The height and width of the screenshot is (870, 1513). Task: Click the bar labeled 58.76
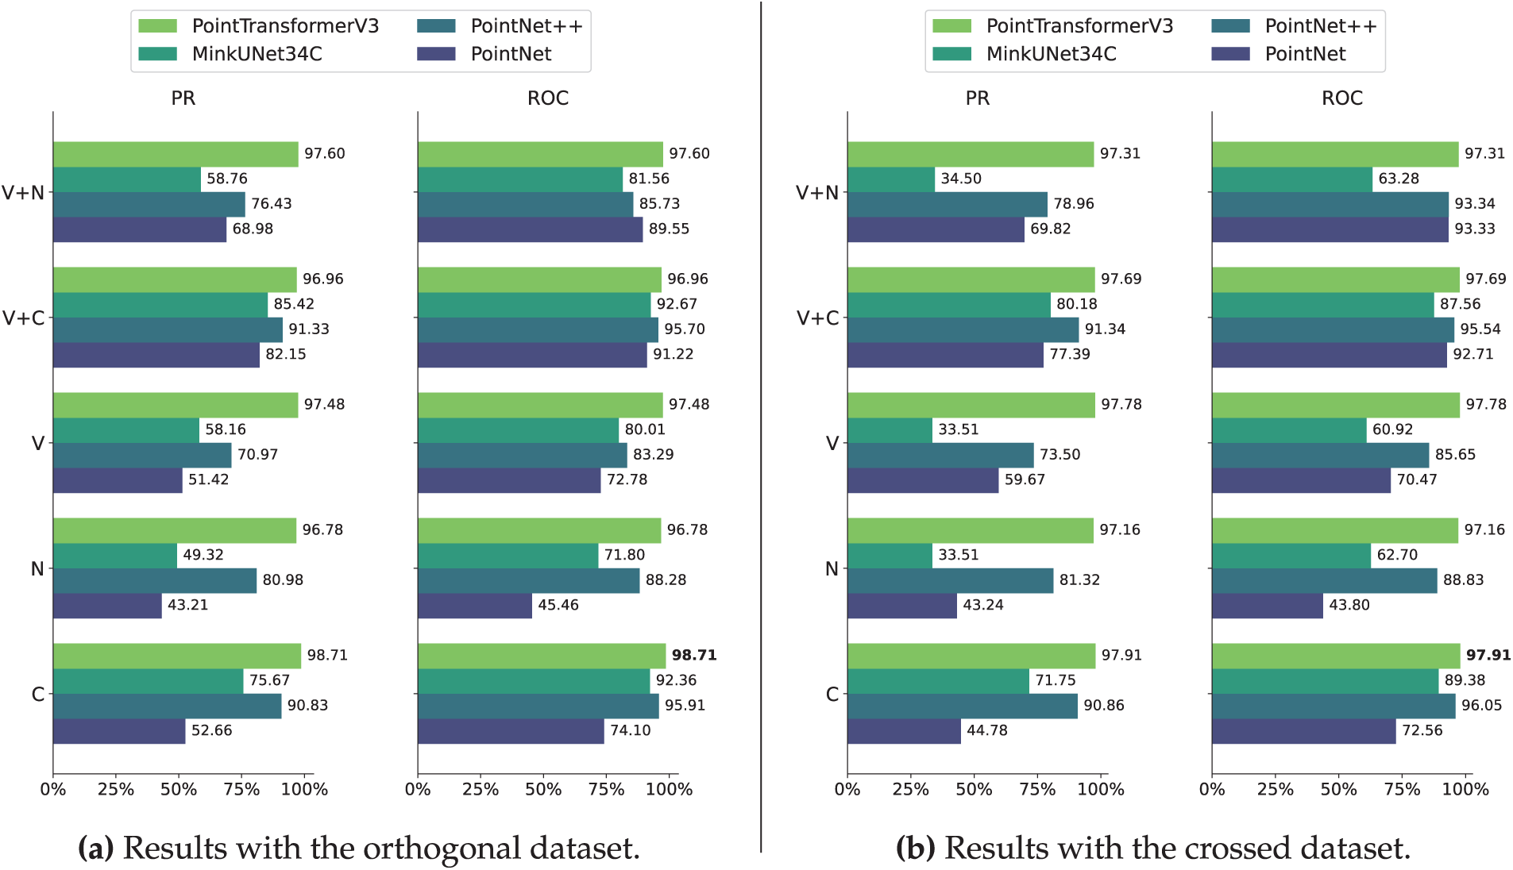click(127, 179)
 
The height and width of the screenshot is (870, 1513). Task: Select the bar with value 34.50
click(891, 179)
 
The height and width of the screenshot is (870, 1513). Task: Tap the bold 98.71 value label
click(693, 655)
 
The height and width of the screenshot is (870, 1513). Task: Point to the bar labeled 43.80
click(1268, 606)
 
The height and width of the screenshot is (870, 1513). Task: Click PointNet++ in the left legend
click(526, 26)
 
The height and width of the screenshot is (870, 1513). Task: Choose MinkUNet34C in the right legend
click(1051, 54)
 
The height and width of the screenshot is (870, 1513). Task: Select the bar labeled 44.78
click(904, 731)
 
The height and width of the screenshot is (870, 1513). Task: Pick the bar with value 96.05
click(1334, 706)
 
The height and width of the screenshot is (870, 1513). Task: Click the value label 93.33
click(1474, 229)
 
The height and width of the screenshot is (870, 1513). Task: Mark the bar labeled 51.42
click(118, 480)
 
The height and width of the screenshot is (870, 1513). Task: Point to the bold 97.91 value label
click(1488, 655)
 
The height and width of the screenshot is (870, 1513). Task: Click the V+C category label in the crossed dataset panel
click(817, 318)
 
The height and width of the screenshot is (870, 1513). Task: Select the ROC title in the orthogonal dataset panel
click(547, 98)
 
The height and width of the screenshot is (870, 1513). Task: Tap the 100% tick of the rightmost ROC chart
click(1465, 789)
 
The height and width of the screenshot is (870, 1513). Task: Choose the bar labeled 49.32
click(115, 556)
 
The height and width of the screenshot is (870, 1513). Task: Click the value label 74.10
click(630, 730)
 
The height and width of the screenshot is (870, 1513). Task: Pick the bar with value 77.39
click(945, 355)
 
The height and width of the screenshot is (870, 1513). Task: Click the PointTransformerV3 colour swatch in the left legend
click(157, 26)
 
